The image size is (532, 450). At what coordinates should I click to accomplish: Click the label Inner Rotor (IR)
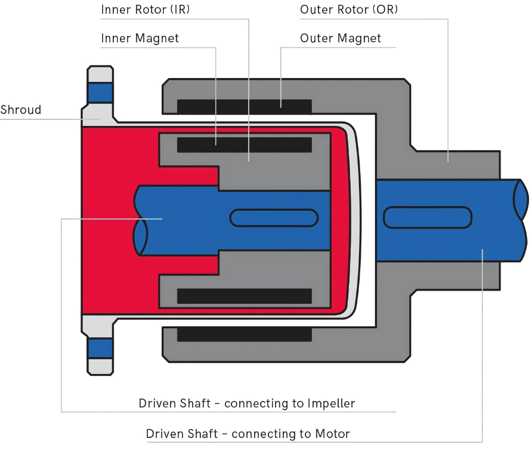pyautogui.click(x=145, y=10)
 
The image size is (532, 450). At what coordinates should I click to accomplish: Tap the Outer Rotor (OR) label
pyautogui.click(x=348, y=10)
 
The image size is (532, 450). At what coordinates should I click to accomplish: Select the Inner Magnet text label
pyautogui.click(x=139, y=38)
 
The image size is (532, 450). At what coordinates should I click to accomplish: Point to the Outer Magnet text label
pyautogui.click(x=340, y=38)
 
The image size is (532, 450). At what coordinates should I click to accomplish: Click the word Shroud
pyautogui.click(x=20, y=110)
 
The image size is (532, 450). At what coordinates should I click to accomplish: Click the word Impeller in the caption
pyautogui.click(x=331, y=403)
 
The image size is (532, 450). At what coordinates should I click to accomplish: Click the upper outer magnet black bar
pyautogui.click(x=244, y=106)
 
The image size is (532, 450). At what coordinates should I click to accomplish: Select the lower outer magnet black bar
pyautogui.click(x=244, y=334)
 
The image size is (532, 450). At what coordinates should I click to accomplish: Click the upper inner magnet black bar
pyautogui.click(x=244, y=145)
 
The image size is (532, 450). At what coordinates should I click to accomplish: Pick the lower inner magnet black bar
pyautogui.click(x=244, y=296)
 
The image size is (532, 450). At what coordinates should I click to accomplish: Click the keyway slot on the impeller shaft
pyautogui.click(x=273, y=218)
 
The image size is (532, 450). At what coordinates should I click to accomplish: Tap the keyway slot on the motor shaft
pyautogui.click(x=427, y=218)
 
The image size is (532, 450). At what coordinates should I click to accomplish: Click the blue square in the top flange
pyautogui.click(x=101, y=93)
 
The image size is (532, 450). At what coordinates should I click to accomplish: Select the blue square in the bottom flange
pyautogui.click(x=101, y=348)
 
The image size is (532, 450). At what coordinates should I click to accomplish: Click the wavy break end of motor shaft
pyautogui.click(x=521, y=220)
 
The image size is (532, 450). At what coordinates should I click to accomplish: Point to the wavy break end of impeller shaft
pyautogui.click(x=139, y=220)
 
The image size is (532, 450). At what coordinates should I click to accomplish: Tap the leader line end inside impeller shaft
pyautogui.click(x=162, y=218)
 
